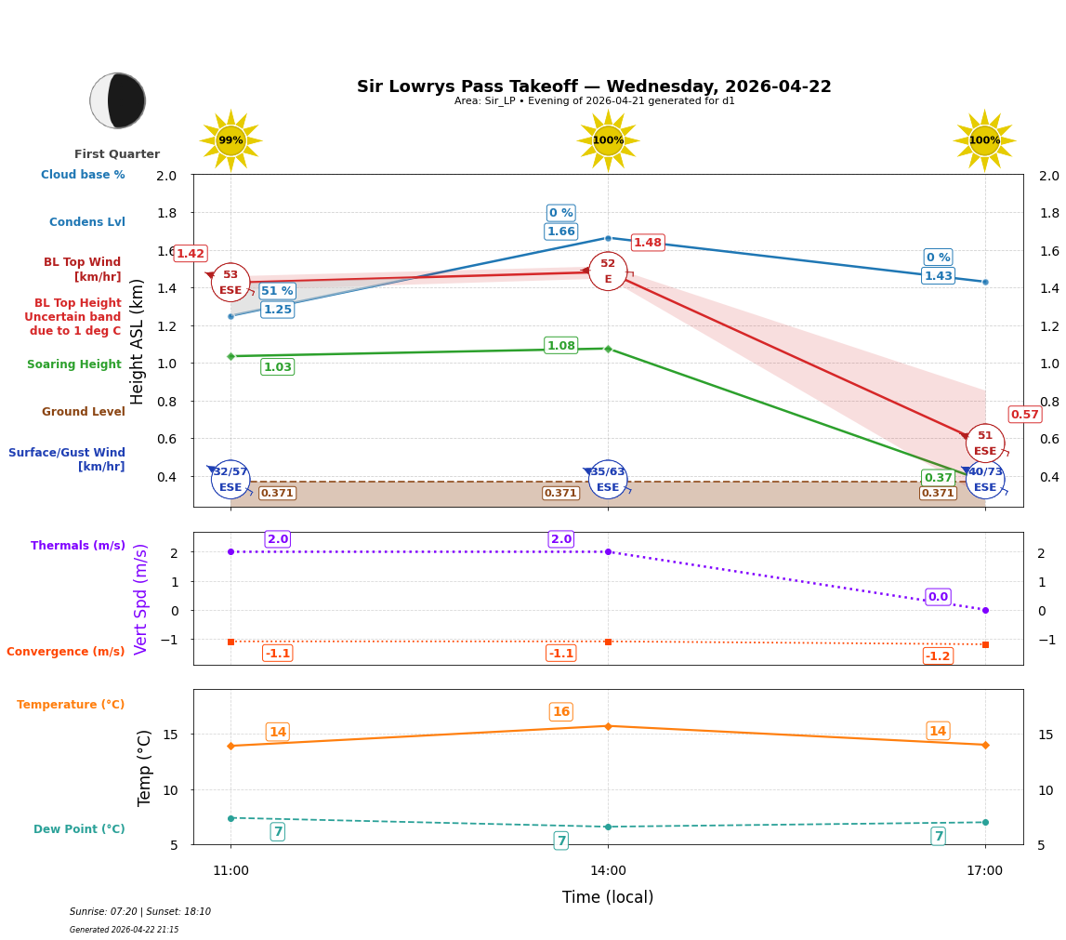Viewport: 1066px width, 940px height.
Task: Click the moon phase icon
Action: [x=118, y=100]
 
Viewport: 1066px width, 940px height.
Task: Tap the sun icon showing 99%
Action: [x=230, y=140]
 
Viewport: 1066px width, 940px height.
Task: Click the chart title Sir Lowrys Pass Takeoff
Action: [x=594, y=86]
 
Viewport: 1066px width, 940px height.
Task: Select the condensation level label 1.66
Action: [x=560, y=232]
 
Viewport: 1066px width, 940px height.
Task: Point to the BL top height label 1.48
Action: [x=648, y=243]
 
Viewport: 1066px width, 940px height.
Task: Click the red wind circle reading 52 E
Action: [x=608, y=271]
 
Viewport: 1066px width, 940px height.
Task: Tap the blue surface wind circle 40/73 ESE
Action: [x=985, y=480]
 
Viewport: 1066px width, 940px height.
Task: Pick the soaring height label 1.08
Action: [x=560, y=346]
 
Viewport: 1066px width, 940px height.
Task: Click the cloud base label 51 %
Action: [x=277, y=291]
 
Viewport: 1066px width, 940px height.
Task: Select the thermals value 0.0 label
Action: [x=938, y=597]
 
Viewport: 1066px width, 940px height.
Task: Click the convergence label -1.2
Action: [x=938, y=656]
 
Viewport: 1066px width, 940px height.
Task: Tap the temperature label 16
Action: [x=560, y=712]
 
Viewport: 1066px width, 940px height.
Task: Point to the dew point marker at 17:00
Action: [x=985, y=822]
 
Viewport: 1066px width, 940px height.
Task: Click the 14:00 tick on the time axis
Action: [x=608, y=871]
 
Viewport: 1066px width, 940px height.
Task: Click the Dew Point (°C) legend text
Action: [x=79, y=829]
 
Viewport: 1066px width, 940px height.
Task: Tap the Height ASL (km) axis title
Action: [x=138, y=341]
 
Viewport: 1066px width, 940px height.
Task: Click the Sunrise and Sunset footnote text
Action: [x=140, y=912]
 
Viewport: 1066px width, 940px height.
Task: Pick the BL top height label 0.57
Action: [x=1025, y=415]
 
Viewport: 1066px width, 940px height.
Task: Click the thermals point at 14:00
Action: [x=608, y=551]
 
